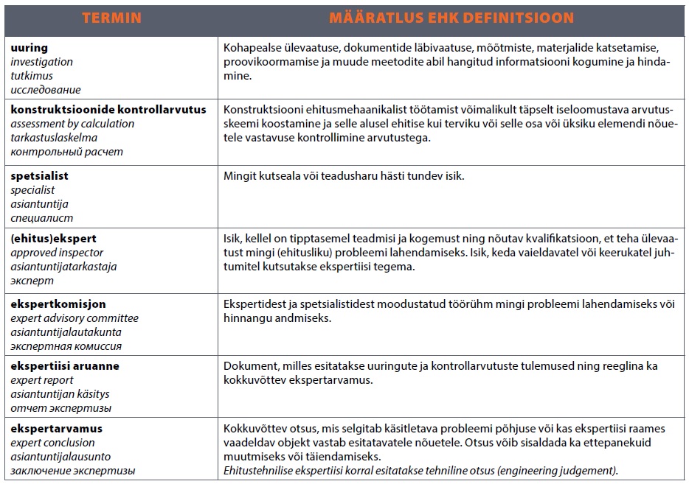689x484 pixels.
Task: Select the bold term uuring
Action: click(29, 48)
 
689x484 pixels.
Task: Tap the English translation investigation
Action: click(42, 62)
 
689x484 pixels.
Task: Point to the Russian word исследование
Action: click(46, 90)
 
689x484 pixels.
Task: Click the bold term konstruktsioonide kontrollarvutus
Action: click(108, 110)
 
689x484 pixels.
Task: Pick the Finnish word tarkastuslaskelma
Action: click(54, 138)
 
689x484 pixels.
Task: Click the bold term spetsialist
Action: click(39, 176)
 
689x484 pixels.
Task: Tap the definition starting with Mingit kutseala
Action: click(344, 177)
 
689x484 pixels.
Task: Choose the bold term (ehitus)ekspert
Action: click(53, 239)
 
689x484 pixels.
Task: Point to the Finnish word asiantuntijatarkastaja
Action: click(63, 267)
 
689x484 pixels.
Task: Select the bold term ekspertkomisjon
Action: click(58, 304)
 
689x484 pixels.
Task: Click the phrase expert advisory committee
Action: click(75, 318)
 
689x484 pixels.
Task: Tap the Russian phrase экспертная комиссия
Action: click(66, 346)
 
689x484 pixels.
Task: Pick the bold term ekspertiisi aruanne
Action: click(65, 366)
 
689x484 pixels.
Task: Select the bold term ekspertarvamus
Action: click(56, 429)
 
